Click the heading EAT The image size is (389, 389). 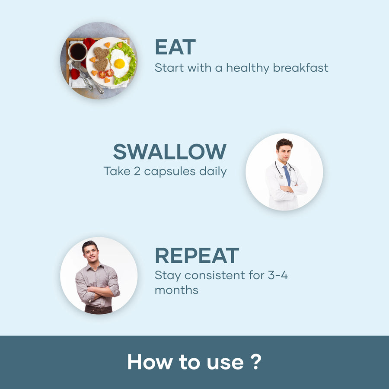click(x=175, y=47)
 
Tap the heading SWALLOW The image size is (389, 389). click(x=170, y=151)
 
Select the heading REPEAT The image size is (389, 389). click(x=197, y=255)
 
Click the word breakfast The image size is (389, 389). click(x=301, y=67)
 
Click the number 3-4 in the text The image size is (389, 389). click(x=278, y=275)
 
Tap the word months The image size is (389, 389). click(x=176, y=290)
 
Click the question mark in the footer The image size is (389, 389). click(x=256, y=362)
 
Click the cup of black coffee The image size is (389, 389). click(x=78, y=52)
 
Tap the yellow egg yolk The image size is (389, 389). click(x=119, y=64)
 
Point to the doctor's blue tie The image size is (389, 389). click(x=287, y=175)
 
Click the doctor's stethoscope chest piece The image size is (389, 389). click(x=281, y=177)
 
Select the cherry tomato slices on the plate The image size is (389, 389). click(x=106, y=73)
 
